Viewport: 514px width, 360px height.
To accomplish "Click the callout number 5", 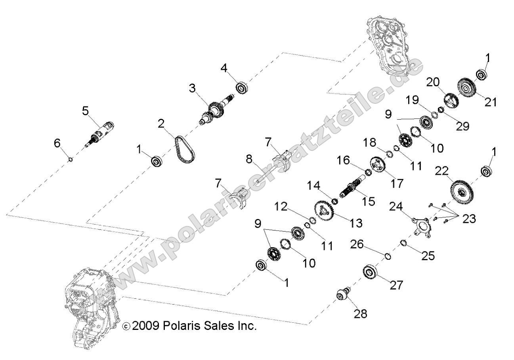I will pos(85,110).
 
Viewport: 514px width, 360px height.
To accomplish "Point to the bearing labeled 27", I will pos(370,272).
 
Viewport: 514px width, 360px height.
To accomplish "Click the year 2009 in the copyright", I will pos(146,326).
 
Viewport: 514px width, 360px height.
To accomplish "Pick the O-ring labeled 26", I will pos(388,256).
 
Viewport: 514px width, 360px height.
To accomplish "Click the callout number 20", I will pos(433,82).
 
